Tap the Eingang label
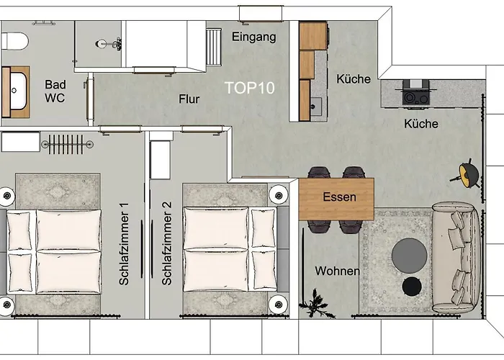coord(253,37)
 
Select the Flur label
coord(189,100)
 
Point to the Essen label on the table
coord(338,197)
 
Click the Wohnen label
coord(337,271)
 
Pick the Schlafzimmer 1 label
coord(124,245)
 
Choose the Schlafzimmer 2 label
coord(167,245)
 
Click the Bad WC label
coord(55,91)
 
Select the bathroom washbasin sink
coord(16,91)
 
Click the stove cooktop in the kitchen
coord(415,94)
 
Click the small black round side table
coord(412,287)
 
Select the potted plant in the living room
coord(313,302)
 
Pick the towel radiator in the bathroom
coord(68,143)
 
